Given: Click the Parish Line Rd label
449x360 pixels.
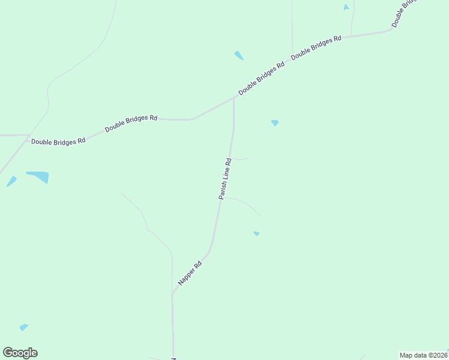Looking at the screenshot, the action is coord(224,179).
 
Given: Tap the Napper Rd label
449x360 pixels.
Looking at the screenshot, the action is coord(190,273).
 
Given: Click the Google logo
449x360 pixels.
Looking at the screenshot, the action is coord(20,353).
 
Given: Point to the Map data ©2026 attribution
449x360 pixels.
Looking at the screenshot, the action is coord(424,355).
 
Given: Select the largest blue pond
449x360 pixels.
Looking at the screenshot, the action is coord(38,177).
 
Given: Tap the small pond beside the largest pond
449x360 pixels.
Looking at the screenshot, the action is coord(11,181).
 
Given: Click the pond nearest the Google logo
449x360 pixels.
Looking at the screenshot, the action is coord(23,328).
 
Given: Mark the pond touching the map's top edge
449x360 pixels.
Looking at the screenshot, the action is coord(346,7).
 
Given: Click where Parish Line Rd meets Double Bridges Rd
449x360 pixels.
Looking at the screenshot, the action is coord(234,99).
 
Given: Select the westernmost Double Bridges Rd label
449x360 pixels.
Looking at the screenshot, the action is coord(58,142).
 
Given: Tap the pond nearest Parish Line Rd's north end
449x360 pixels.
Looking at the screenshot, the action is coord(274,122).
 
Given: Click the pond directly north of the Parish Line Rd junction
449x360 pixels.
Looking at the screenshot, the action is coord(239,56).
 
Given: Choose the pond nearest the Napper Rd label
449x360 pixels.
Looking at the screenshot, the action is coord(256,233).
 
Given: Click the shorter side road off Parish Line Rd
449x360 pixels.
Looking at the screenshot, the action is coord(241,159).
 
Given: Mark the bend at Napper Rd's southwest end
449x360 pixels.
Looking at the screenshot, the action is coord(173,295).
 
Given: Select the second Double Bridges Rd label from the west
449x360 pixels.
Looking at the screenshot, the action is coord(131,124).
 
